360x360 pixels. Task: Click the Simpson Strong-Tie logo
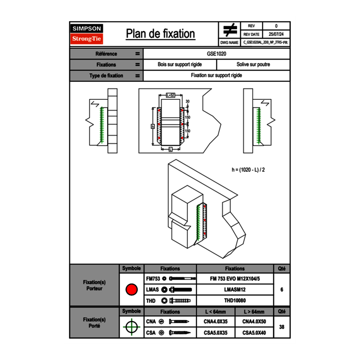pyautogui.click(x=87, y=34)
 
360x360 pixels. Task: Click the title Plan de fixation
pyautogui.click(x=160, y=34)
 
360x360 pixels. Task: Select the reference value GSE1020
pyautogui.click(x=216, y=54)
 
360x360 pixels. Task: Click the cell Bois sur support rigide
pyautogui.click(x=180, y=65)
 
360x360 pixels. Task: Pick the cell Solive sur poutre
pyautogui.click(x=253, y=65)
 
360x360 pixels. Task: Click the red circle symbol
pyautogui.click(x=131, y=290)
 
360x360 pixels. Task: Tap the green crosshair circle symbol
pyautogui.click(x=131, y=327)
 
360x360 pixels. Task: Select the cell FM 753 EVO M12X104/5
pyautogui.click(x=234, y=279)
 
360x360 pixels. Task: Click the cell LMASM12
pyautogui.click(x=234, y=290)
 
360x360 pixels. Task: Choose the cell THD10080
pyautogui.click(x=234, y=301)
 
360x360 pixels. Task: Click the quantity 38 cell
pyautogui.click(x=281, y=327)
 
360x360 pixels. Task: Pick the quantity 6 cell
pyautogui.click(x=281, y=290)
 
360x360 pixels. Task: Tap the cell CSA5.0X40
pyautogui.click(x=254, y=333)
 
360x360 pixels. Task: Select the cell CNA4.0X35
pyautogui.click(x=216, y=322)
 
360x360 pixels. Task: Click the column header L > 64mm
pyautogui.click(x=254, y=312)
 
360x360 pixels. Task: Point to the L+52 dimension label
pyautogui.click(x=171, y=95)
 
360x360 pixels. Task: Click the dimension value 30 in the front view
pyautogui.click(x=187, y=101)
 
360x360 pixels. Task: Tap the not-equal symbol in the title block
pyautogui.click(x=229, y=30)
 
